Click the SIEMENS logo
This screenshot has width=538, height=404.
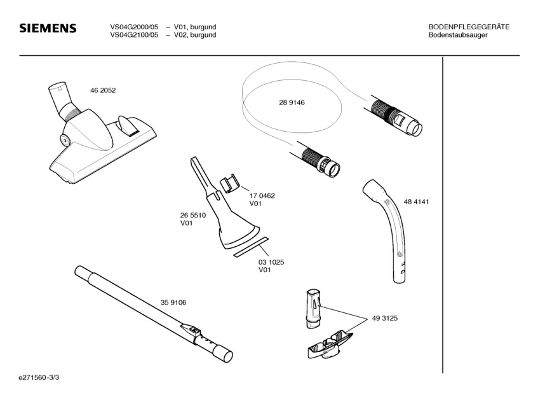click(x=48, y=29)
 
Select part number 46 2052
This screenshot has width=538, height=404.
click(x=103, y=90)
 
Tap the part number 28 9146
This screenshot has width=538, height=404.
click(x=292, y=103)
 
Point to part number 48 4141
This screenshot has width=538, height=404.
click(x=417, y=202)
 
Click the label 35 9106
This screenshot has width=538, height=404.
click(x=173, y=302)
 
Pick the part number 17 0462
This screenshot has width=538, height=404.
click(x=262, y=196)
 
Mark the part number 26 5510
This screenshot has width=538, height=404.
click(x=192, y=216)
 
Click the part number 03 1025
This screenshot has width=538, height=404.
click(x=271, y=262)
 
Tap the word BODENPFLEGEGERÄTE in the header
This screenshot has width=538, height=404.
click(x=469, y=27)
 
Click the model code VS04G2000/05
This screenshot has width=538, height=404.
click(x=134, y=27)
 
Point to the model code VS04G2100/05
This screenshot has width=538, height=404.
click(x=134, y=35)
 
